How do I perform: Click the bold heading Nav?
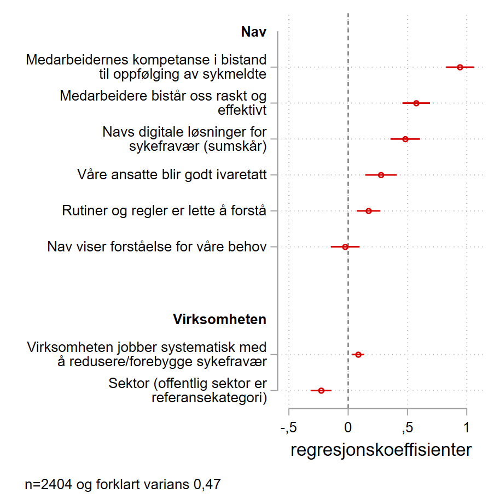click(x=253, y=32)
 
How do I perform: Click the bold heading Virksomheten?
click(x=219, y=319)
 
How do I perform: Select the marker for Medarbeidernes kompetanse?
click(x=460, y=67)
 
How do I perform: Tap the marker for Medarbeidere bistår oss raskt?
click(x=416, y=103)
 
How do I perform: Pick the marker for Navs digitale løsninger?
click(x=405, y=139)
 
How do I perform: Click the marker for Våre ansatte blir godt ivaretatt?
click(x=381, y=175)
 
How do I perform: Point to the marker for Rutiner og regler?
click(x=368, y=211)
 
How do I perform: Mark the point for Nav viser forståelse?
click(x=345, y=247)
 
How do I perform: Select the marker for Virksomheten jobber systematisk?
click(x=358, y=355)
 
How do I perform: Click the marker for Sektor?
click(x=321, y=390)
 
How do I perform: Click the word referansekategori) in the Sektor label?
click(x=209, y=398)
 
